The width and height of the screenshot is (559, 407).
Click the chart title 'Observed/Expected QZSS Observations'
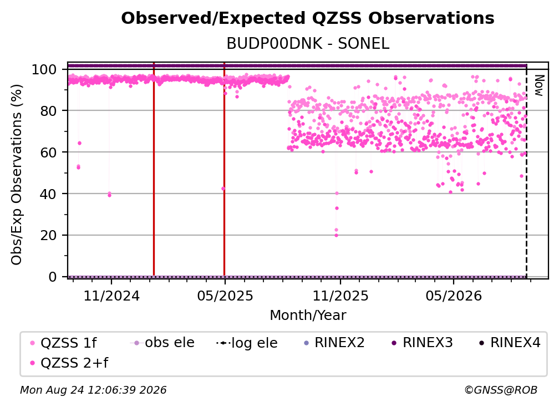click(308, 18)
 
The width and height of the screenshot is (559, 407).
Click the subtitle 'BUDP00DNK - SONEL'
click(308, 44)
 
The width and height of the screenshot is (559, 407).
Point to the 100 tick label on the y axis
click(44, 69)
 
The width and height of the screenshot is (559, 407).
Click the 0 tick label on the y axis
click(53, 277)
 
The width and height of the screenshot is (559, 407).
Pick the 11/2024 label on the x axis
click(111, 296)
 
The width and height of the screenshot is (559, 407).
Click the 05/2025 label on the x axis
click(225, 296)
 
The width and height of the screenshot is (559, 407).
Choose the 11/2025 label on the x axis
click(341, 296)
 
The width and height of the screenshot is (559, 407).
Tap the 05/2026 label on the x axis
click(454, 296)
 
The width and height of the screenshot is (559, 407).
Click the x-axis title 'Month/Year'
click(308, 315)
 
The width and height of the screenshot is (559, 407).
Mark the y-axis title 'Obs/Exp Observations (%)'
click(17, 174)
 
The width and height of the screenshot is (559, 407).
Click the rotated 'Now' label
click(538, 85)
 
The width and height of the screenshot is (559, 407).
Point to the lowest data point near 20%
click(336, 235)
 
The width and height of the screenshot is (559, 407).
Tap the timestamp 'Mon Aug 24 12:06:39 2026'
click(93, 390)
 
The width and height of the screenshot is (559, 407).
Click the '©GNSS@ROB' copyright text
click(501, 390)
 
